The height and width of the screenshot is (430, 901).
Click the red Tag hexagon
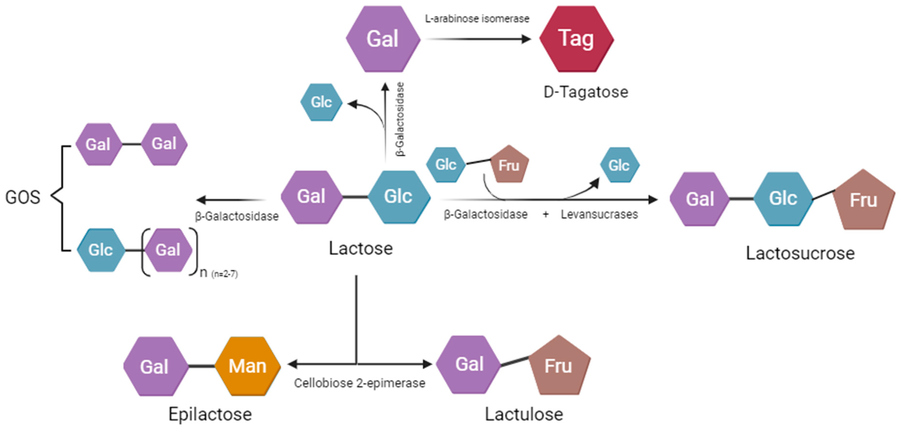tap(576, 39)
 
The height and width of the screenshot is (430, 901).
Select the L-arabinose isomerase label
tap(477, 19)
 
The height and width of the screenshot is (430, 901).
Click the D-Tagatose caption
tap(586, 92)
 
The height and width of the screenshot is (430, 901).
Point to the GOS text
tap(23, 197)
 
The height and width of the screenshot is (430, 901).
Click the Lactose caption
tap(361, 249)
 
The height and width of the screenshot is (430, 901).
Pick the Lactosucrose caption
tap(800, 253)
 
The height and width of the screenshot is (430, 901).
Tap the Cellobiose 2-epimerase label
tap(360, 383)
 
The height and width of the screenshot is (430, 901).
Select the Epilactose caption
tap(210, 415)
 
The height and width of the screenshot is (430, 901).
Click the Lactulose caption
tap(524, 415)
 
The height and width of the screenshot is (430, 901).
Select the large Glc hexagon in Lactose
tap(399, 197)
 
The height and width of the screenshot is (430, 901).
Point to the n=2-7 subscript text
tap(224, 274)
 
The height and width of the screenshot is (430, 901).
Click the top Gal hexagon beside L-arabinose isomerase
tap(383, 39)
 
